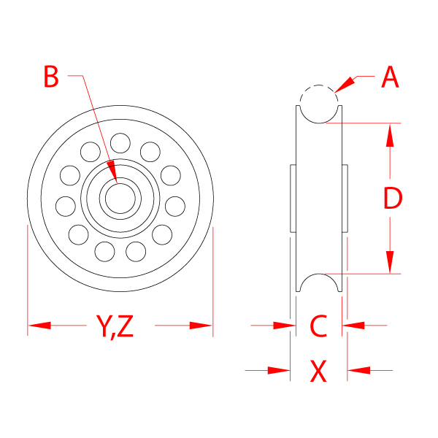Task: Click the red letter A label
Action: [391, 77]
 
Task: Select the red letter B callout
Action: [51, 76]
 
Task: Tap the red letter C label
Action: [318, 326]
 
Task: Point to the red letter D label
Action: [392, 198]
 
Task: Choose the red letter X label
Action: [318, 372]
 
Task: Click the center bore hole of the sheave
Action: [119, 198]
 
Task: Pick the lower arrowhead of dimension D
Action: [391, 262]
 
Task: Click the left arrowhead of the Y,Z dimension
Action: [39, 325]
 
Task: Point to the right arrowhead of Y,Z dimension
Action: [201, 325]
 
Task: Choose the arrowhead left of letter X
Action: [279, 371]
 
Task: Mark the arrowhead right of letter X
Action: [358, 371]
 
